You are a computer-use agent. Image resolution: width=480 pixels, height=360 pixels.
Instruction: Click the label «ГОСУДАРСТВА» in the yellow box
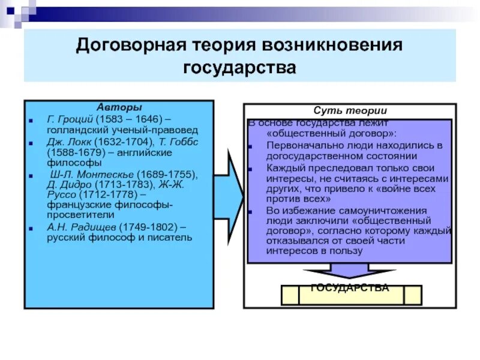point(350,288)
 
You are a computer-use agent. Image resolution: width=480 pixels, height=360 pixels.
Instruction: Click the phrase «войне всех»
point(412,189)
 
